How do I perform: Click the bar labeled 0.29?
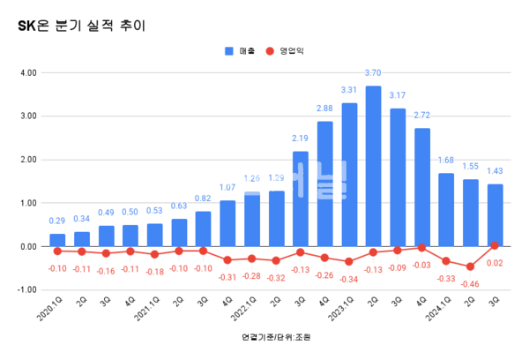point(57,240)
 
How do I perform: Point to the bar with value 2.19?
point(301,199)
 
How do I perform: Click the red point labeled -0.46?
point(471,266)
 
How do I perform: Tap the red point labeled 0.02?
point(495,245)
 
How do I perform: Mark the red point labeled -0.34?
point(349,261)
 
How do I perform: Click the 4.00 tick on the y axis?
point(27,72)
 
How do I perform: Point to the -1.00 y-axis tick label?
point(26,289)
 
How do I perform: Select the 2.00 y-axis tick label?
point(27,160)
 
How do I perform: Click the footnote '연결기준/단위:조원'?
point(276,338)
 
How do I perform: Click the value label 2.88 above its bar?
point(324,109)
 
